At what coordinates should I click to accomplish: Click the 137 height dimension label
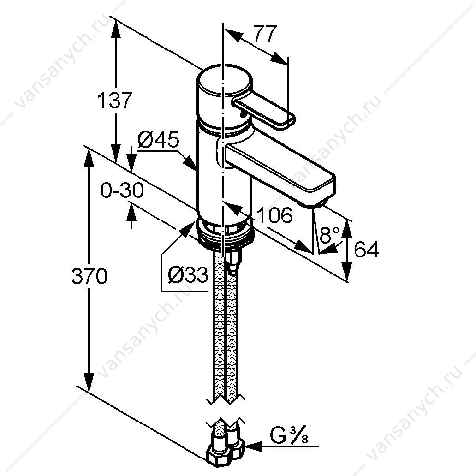(x=115, y=100)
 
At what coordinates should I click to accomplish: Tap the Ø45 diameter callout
(x=159, y=140)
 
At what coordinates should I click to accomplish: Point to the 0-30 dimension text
(x=122, y=190)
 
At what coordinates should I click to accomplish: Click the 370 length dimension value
(x=89, y=276)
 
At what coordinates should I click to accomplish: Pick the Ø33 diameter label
(x=188, y=275)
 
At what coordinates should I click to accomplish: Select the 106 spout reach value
(x=275, y=215)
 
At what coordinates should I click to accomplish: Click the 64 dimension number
(x=367, y=249)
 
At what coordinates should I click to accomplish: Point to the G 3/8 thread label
(x=288, y=436)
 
